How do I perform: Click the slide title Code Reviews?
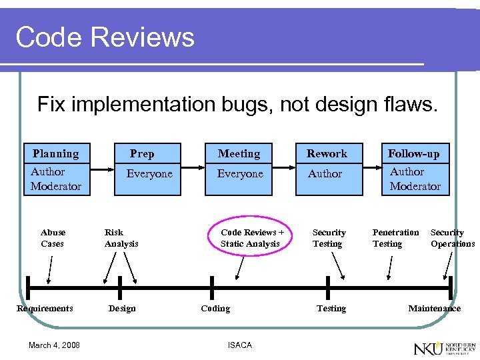point(105,37)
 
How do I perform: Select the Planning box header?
point(55,153)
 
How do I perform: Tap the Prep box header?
point(142,153)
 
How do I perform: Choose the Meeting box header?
point(239,153)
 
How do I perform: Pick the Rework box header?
point(327,153)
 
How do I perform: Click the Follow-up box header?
point(414,153)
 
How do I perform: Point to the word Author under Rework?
point(325,174)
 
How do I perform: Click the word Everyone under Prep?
point(149,174)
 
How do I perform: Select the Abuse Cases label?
point(53,238)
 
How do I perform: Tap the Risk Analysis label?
point(121,238)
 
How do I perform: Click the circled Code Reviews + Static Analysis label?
point(252,238)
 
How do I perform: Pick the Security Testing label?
point(329,238)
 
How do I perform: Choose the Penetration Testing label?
point(395,238)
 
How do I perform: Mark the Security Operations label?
point(452,238)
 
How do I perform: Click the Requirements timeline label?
point(45,309)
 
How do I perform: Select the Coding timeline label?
point(215,309)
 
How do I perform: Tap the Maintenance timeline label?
point(434,309)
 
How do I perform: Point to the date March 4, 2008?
point(54,345)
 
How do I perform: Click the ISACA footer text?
point(239,345)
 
